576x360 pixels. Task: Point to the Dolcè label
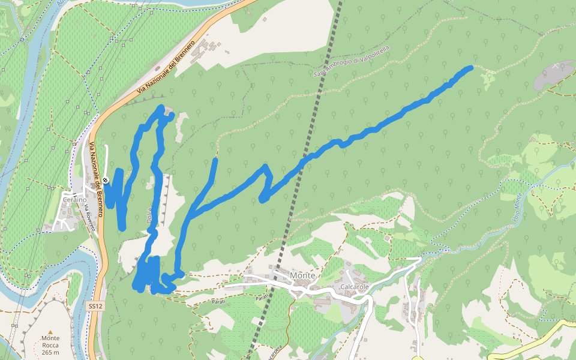(149, 217)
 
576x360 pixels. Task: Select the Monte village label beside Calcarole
(302, 275)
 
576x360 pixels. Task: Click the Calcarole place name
(353, 286)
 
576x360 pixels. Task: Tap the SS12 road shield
(95, 306)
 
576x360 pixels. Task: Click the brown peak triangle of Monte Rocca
(50, 332)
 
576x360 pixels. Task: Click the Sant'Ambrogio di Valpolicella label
(352, 61)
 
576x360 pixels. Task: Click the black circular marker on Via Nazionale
(105, 180)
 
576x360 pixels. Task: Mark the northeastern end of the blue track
(470, 68)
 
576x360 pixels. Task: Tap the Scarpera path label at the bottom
(271, 349)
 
